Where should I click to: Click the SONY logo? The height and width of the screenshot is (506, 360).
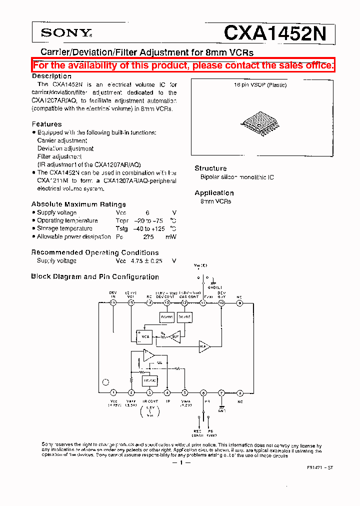[x=66, y=33]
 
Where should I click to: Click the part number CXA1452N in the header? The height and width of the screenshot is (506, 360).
[x=275, y=33]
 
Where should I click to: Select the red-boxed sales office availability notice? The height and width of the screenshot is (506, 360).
[x=183, y=65]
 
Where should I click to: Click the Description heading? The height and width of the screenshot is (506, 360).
[x=51, y=76]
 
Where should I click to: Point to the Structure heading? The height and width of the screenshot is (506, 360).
[x=210, y=168]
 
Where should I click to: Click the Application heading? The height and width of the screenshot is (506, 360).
[x=214, y=193]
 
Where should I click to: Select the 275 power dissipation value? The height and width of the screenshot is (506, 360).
[x=148, y=237]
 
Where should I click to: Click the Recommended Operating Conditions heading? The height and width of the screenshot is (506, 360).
[x=95, y=252]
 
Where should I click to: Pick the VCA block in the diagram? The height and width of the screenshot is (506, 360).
[x=145, y=336]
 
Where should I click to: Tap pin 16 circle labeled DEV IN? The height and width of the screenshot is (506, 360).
[x=113, y=302]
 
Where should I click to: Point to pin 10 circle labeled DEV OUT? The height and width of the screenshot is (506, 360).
[x=221, y=302]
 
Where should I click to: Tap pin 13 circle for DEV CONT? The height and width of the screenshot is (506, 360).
[x=167, y=302]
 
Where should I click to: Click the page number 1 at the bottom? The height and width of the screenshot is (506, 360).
[x=181, y=462]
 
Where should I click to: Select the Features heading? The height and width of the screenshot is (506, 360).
[x=47, y=124]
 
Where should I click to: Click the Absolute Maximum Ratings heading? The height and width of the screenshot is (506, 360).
[x=78, y=204]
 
